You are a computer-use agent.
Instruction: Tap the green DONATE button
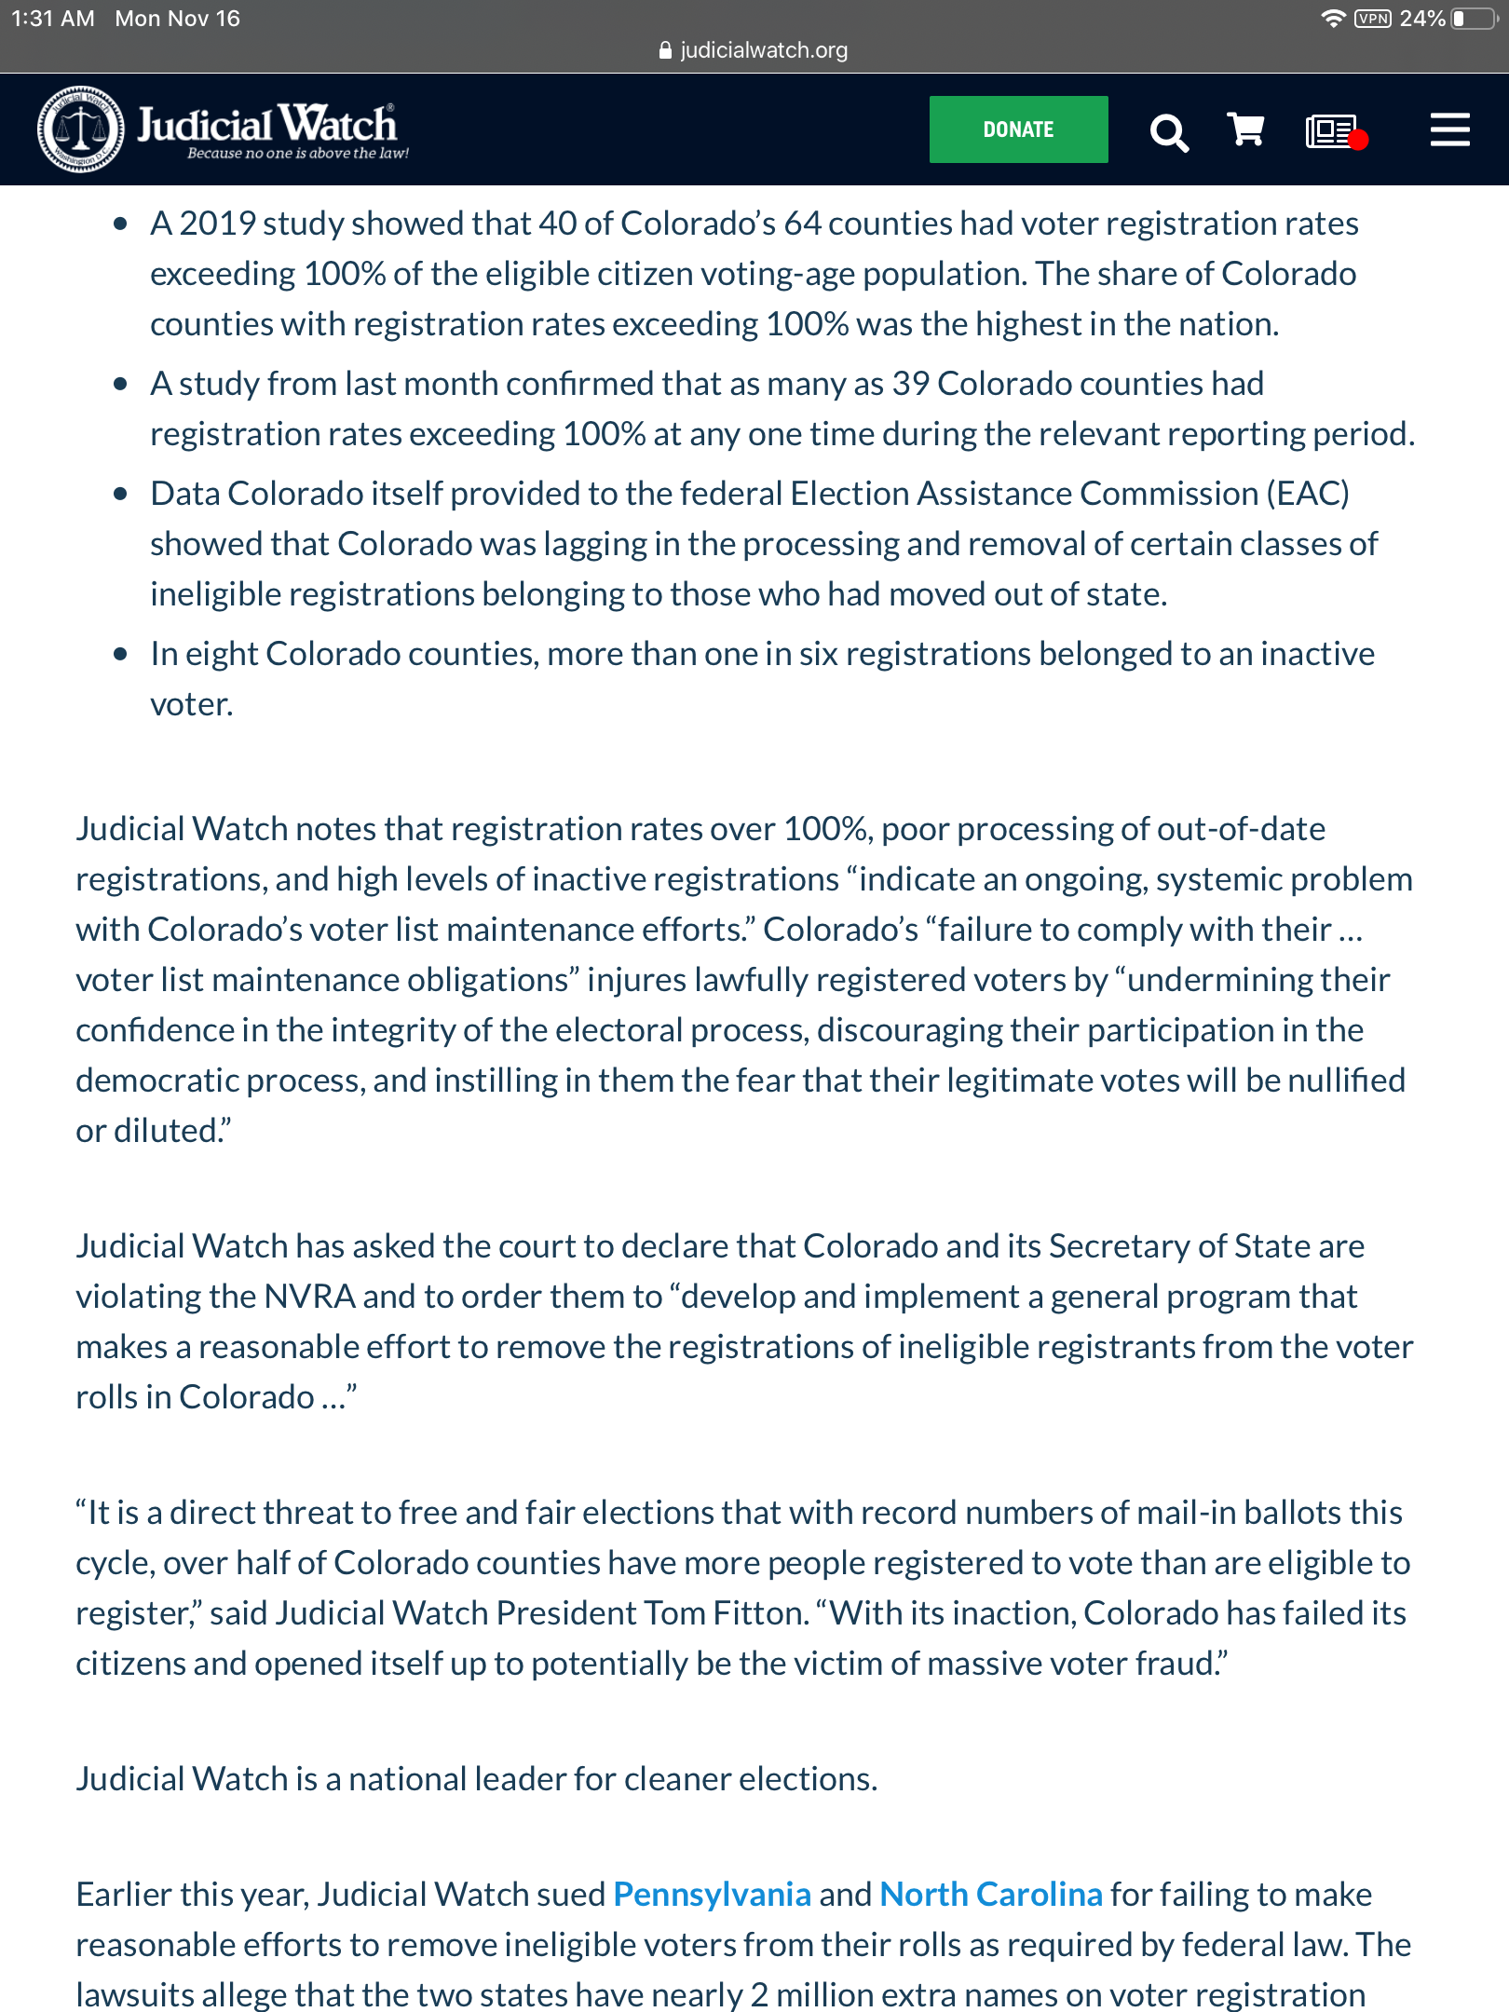1018,129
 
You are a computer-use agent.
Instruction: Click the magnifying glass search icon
1169,132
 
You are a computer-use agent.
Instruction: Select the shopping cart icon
1245,130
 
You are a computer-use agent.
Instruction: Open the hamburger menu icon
1449,130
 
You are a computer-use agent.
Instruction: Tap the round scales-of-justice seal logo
80,129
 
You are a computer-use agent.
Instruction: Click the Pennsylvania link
712,1894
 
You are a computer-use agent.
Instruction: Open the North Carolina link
991,1894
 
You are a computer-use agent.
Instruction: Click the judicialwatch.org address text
763,50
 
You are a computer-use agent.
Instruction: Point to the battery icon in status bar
1475,19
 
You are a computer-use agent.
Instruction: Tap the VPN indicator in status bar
1373,19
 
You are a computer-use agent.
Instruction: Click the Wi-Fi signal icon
1334,19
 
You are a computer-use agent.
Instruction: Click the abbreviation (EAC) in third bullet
1307,494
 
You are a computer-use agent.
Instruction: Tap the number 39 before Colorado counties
910,384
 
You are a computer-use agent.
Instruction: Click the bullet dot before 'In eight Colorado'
120,654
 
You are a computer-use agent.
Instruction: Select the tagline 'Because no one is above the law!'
298,154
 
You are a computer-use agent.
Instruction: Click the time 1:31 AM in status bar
53,19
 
